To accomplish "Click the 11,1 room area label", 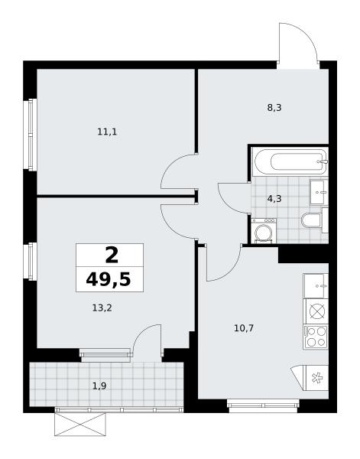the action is (107, 132).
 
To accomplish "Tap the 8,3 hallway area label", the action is (274, 108).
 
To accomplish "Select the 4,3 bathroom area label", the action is (274, 199).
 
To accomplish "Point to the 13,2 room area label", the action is (102, 308).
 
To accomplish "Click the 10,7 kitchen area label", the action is (244, 328).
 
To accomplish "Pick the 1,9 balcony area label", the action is (99, 386).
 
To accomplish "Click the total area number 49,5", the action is (109, 280).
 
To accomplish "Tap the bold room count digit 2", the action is (112, 255).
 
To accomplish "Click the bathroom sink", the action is (319, 192).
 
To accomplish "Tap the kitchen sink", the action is (316, 285).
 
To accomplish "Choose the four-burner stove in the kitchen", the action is (316, 337).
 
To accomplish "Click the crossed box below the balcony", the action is (79, 424).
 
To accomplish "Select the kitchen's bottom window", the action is (263, 405).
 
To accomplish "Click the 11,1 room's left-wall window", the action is (31, 135).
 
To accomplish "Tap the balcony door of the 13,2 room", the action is (147, 340).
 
